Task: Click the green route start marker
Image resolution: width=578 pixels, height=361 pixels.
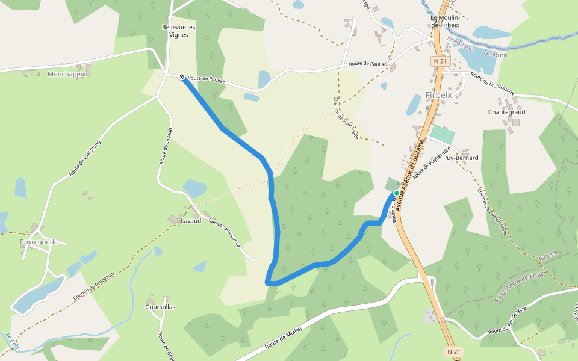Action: tap(397, 193)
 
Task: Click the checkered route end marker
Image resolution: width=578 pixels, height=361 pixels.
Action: tap(182, 76)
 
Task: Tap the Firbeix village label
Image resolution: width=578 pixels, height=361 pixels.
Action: tap(438, 95)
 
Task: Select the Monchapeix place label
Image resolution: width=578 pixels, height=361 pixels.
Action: tap(66, 74)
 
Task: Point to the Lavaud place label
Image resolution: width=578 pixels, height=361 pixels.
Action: tap(191, 221)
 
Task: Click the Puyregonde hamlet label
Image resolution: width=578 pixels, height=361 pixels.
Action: tap(39, 242)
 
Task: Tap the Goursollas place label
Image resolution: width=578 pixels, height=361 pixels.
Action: tap(160, 307)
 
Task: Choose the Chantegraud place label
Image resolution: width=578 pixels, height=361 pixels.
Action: tap(506, 112)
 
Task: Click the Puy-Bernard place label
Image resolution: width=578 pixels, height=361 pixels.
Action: tap(461, 158)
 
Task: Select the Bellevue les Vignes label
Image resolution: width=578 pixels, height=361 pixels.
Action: tap(179, 31)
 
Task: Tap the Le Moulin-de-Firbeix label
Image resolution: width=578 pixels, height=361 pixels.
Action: tap(445, 21)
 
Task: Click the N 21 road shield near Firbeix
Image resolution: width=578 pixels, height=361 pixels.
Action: tap(440, 61)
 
